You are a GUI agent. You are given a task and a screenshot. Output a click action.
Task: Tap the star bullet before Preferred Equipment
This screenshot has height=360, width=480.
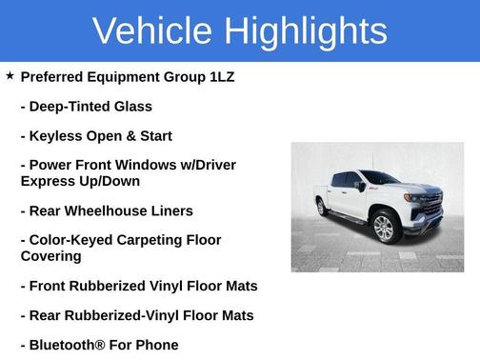[x=10, y=74]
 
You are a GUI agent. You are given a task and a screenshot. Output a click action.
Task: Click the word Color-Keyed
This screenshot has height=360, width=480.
[x=70, y=240]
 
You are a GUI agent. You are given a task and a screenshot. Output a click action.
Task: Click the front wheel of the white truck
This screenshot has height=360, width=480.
[x=384, y=229]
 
